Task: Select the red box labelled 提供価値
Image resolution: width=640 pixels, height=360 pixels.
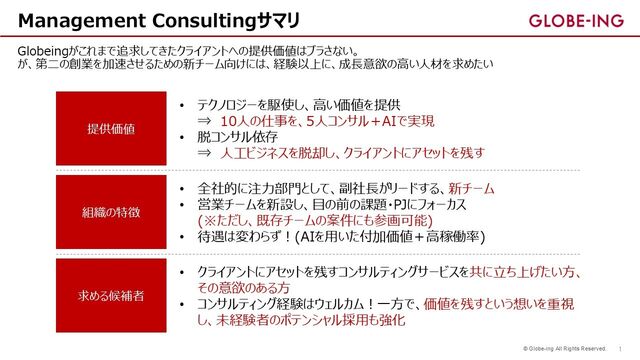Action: [x=109, y=129]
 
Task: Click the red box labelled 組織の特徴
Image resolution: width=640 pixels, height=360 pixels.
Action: [x=109, y=212]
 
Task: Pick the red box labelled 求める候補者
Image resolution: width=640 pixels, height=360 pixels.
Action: [x=109, y=296]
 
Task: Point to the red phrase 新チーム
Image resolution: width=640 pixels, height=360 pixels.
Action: [x=471, y=188]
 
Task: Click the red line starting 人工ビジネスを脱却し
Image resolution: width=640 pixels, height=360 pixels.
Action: [x=351, y=153]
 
